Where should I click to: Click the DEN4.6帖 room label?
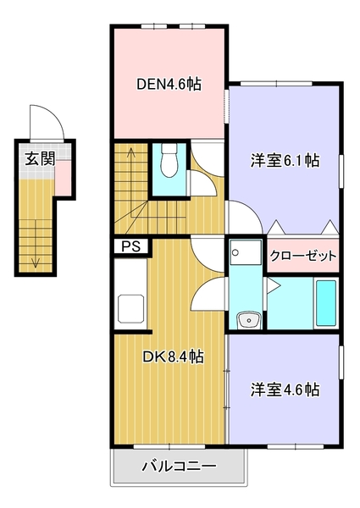click(x=169, y=85)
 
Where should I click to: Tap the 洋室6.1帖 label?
click(x=285, y=160)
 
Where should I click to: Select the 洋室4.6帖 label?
click(x=285, y=390)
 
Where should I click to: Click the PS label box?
click(x=131, y=247)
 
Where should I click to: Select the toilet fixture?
click(x=168, y=160)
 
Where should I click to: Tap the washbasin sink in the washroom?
click(x=248, y=319)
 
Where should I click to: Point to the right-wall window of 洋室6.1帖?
click(x=342, y=169)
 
